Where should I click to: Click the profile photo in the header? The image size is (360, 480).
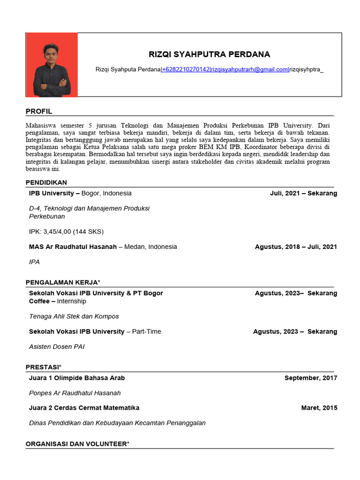click(x=52, y=65)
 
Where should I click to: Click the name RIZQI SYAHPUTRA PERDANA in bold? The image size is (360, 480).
click(x=209, y=54)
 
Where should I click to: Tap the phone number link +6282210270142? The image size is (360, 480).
click(x=186, y=69)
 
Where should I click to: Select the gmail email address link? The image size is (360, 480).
click(x=249, y=69)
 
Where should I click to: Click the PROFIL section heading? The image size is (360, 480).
click(x=39, y=112)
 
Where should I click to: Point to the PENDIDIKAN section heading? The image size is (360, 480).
click(x=46, y=182)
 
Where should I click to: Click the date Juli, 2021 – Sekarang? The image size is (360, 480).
click(x=303, y=193)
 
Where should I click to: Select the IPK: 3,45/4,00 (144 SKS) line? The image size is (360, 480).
click(x=66, y=232)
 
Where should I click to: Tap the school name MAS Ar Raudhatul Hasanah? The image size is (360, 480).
click(x=73, y=247)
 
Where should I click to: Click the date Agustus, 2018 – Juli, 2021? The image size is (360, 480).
click(x=296, y=247)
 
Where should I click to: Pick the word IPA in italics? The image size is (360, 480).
click(x=34, y=262)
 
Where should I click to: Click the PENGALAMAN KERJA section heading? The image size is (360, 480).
click(x=63, y=282)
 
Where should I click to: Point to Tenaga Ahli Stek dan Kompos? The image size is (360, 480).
click(x=74, y=316)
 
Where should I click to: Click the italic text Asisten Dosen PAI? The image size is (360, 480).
click(x=57, y=347)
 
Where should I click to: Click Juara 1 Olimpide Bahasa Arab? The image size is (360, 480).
click(x=77, y=378)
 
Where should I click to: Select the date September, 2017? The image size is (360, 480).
click(x=310, y=378)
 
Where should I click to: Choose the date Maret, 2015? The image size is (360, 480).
click(x=319, y=408)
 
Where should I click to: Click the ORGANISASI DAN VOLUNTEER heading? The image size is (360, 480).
click(x=77, y=443)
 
